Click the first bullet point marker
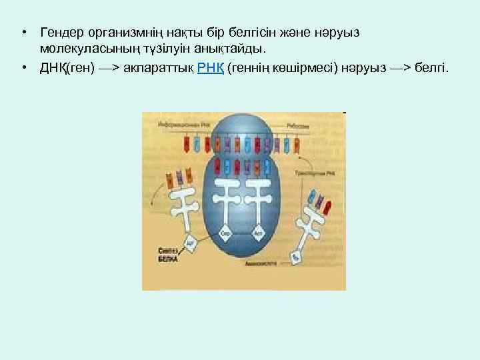pos(23,32)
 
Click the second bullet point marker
pos(23,67)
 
